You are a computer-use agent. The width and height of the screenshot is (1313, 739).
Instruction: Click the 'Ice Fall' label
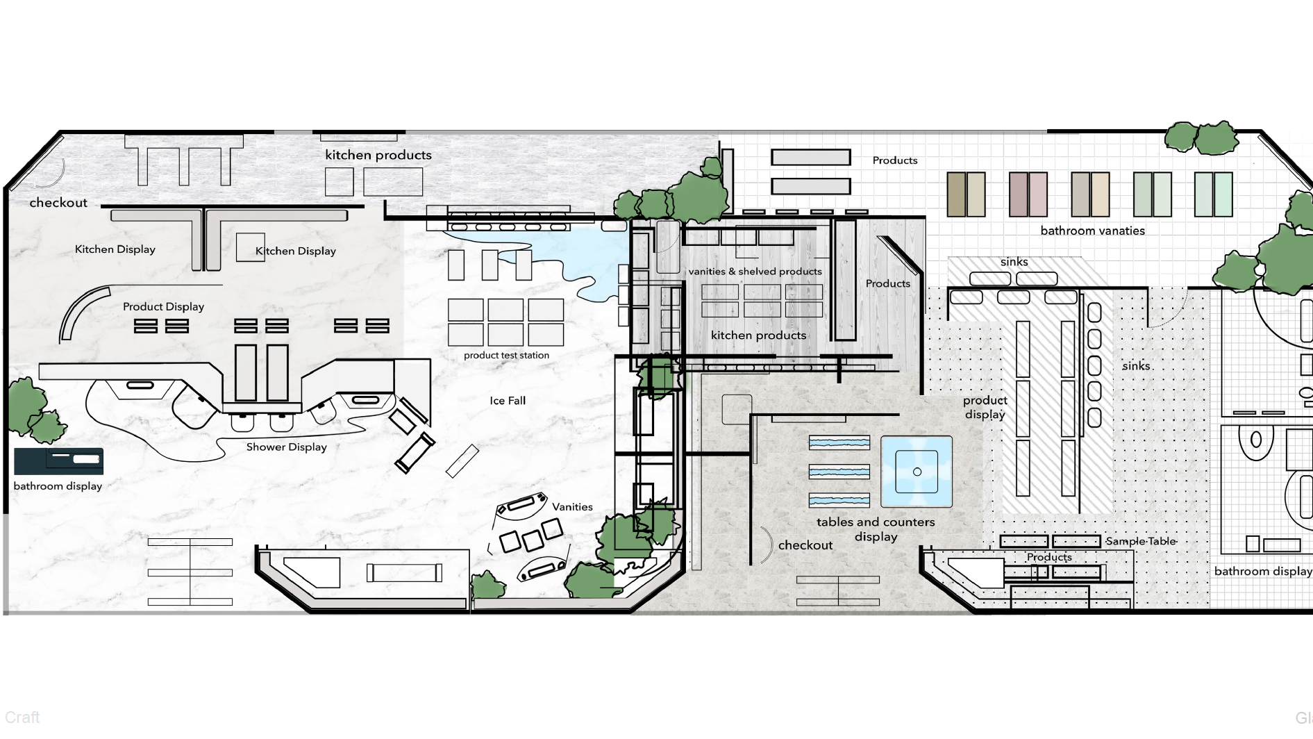coord(508,401)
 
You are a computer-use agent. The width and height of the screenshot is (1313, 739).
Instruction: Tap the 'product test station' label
coord(506,355)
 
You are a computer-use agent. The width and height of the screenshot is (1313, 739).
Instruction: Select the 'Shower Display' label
coord(286,447)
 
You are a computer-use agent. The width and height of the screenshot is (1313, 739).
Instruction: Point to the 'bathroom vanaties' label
coord(1092,231)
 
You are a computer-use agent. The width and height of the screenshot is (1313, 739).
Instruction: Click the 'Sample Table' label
coord(1141,541)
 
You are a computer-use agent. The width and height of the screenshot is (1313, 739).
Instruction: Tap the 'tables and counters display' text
coord(876,529)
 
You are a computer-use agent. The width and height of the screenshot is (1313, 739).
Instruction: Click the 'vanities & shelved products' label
coord(755,272)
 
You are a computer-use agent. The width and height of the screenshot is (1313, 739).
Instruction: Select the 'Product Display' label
coord(163,306)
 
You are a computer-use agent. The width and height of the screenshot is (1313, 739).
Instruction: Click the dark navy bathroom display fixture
coord(58,460)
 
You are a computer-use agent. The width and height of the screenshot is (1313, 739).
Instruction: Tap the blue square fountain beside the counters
coord(917,472)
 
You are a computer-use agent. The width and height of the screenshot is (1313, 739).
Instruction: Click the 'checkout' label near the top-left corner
coord(58,203)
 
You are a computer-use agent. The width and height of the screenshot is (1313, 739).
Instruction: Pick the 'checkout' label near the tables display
coord(805,545)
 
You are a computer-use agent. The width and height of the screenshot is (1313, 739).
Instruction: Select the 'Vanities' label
coord(572,507)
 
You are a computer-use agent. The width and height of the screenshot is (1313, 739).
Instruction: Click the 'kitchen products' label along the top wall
coord(378,155)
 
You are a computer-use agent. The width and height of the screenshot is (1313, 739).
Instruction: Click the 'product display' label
coord(985,408)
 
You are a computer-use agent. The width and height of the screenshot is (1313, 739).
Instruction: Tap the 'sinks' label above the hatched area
coord(1014,262)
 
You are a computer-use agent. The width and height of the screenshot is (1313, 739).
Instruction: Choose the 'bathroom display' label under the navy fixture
coord(58,486)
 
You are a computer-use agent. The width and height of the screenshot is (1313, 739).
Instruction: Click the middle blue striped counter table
coord(839,472)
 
